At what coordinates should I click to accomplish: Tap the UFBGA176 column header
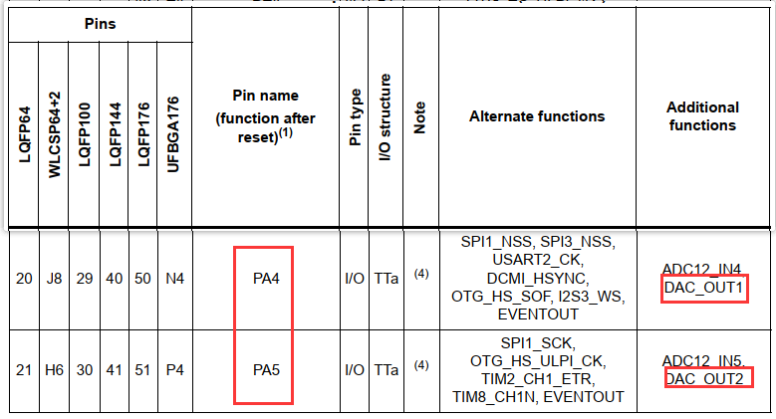pos(174,133)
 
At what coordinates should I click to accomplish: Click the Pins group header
pos(100,23)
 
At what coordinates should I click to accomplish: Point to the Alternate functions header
pos(537,116)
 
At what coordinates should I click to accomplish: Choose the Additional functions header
pos(702,116)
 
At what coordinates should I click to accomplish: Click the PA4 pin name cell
pos(264,279)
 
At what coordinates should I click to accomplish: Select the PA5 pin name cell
pos(264,370)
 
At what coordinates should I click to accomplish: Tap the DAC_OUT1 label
pos(704,289)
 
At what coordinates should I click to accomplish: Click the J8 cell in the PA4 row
pos(54,279)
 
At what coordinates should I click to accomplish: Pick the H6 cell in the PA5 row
pos(54,370)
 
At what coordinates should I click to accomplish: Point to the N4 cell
pos(174,279)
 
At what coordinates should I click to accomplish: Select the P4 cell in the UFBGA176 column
pos(174,370)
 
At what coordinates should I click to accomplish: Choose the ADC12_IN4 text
pos(701,269)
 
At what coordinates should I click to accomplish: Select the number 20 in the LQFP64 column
pos(24,279)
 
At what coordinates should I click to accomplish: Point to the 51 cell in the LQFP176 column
pos(143,370)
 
